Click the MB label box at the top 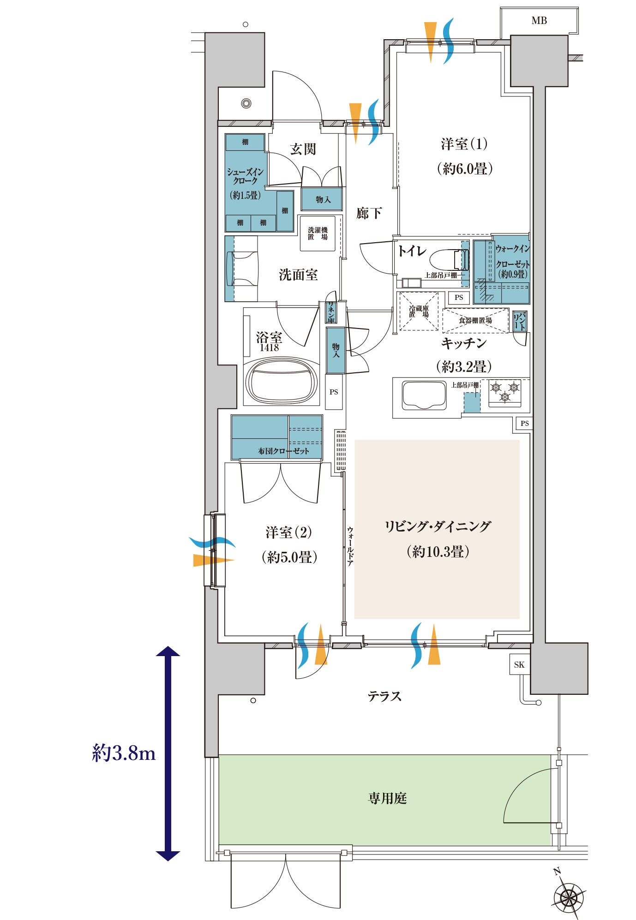[539, 21]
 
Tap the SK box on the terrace [519, 664]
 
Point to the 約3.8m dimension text [124, 753]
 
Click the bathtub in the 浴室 [282, 381]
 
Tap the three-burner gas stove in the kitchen [505, 392]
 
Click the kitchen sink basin [424, 394]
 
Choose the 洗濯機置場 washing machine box [318, 233]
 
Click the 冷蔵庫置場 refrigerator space [419, 311]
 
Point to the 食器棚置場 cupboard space [475, 320]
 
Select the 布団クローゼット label [283, 451]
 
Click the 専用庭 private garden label [387, 798]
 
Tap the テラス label [384, 696]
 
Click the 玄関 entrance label [303, 149]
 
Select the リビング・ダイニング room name [438, 526]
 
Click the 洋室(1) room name [464, 144]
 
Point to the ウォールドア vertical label [350, 546]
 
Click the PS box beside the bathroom [334, 392]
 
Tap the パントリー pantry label [520, 321]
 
